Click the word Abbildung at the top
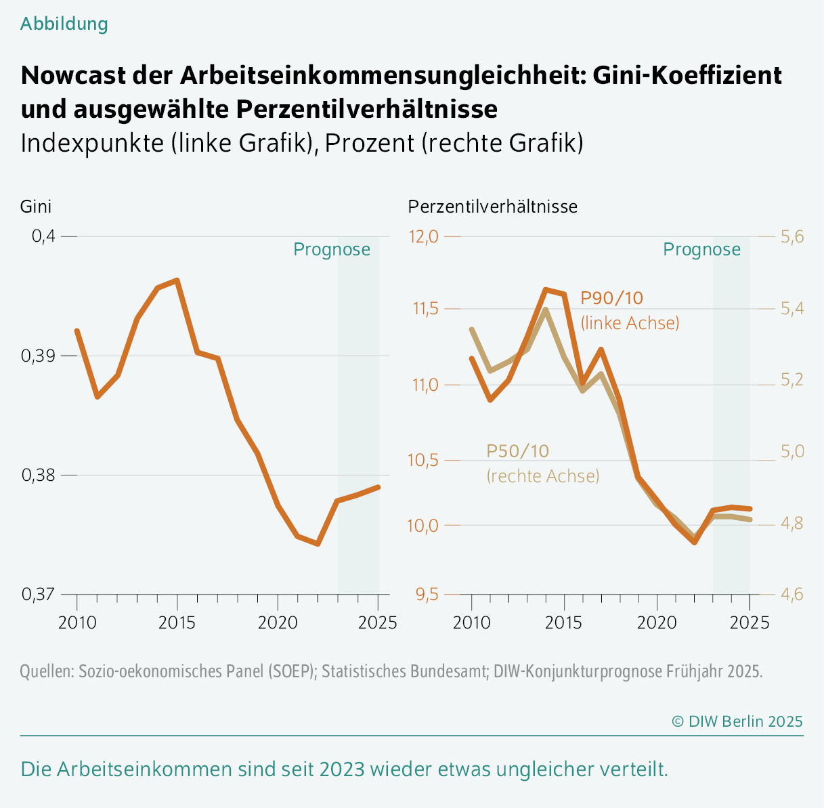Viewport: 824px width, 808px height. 64,24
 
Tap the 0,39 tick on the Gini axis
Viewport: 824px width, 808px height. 40,356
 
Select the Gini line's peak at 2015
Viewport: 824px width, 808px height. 177,280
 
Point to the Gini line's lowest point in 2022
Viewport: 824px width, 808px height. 318,543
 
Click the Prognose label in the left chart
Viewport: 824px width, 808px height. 332,250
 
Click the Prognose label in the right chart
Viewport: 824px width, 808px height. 701,250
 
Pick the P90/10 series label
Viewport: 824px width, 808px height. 612,298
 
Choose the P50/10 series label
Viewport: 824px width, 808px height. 518,451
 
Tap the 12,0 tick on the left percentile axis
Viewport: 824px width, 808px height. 423,236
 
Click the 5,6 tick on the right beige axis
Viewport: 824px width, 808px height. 792,236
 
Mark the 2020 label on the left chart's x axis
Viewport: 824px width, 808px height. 278,622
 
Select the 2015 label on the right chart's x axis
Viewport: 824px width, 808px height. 563,622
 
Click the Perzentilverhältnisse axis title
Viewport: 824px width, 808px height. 493,207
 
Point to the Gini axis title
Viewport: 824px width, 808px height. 36,207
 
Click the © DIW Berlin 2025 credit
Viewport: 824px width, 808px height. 737,721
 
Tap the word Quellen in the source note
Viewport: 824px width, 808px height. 47,672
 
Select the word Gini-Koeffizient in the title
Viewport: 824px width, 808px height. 688,75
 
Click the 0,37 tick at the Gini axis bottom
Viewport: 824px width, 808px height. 40,595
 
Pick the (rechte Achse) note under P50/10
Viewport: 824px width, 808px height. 543,476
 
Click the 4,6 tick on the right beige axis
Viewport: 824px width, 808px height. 792,595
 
